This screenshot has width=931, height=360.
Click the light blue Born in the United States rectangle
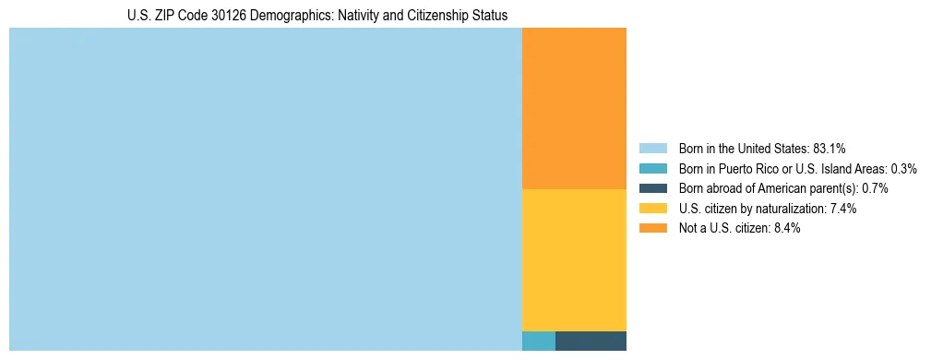[266, 189]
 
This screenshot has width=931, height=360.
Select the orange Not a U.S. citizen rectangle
[574, 108]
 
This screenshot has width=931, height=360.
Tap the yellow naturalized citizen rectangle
[574, 259]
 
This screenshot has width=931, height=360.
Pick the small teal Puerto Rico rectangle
[538, 341]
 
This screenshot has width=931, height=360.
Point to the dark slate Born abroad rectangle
[591, 341]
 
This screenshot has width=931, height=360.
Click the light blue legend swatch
[652, 148]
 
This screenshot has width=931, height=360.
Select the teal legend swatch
[652, 168]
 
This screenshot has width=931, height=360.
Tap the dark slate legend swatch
[652, 188]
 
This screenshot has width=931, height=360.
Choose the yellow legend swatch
[652, 209]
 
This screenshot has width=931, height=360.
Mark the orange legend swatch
[652, 229]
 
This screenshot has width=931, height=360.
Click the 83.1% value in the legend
[830, 148]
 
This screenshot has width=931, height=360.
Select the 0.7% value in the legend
[874, 188]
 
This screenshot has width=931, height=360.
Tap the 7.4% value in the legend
[842, 209]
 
